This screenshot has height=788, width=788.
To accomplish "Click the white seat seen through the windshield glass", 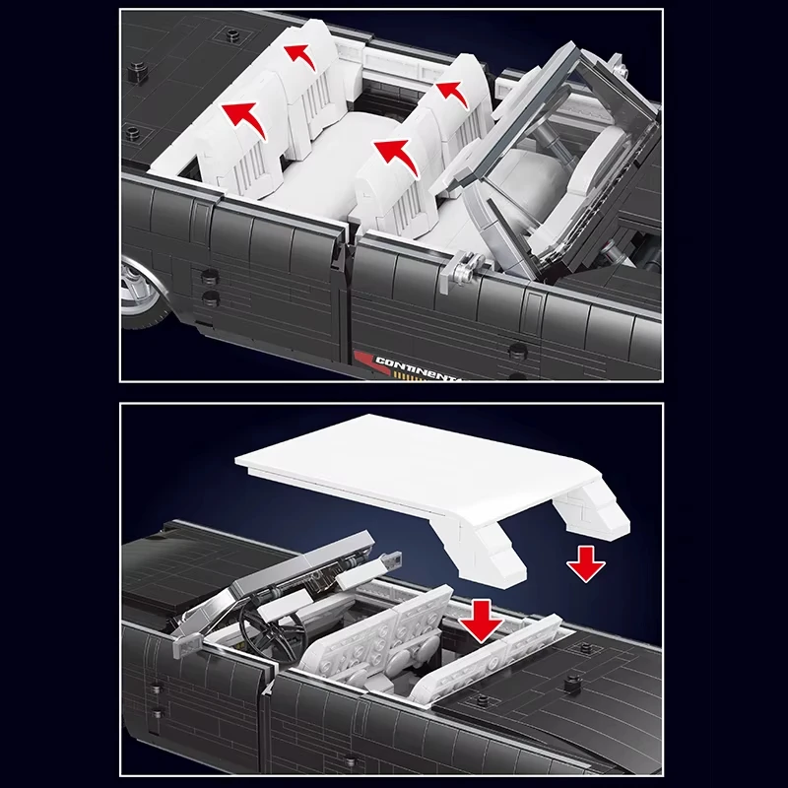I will (x=581, y=177).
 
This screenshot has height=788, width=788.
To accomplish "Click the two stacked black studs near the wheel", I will (x=210, y=287).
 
